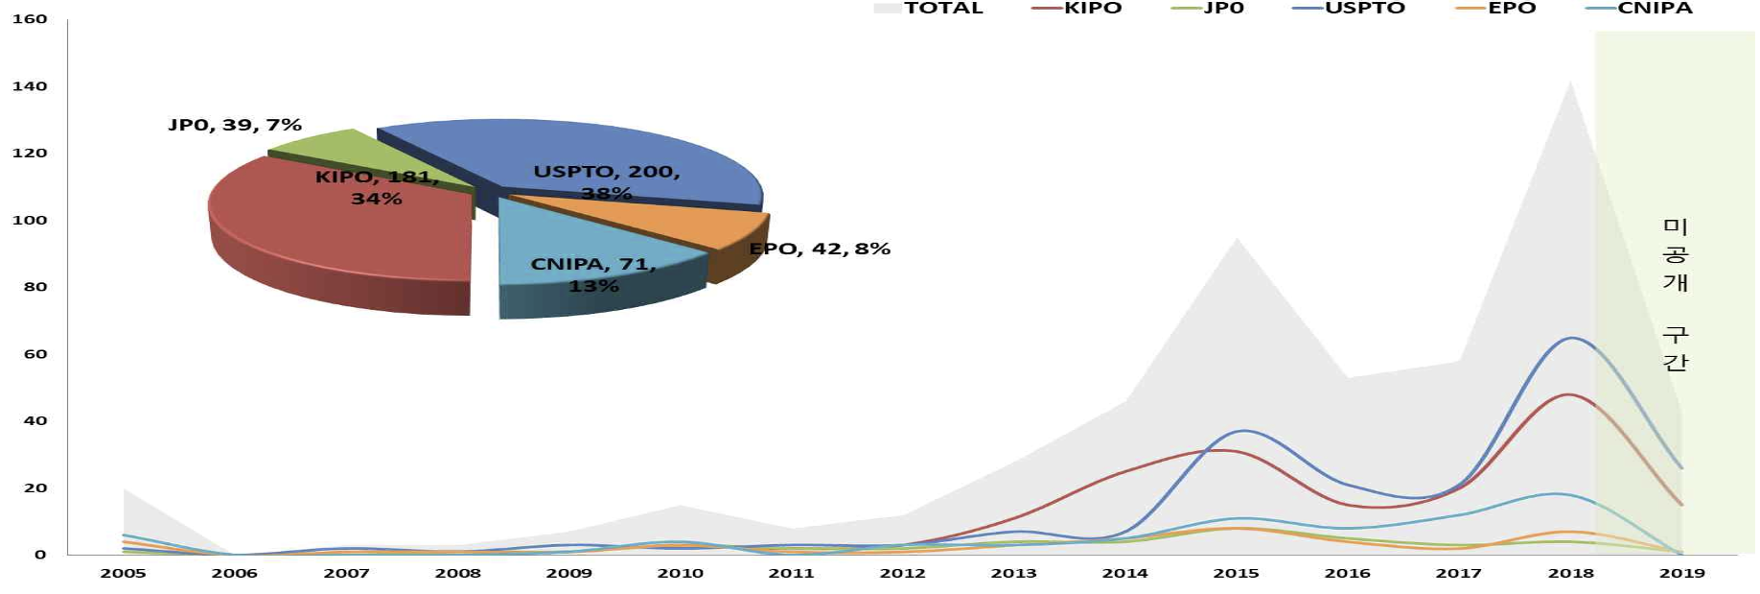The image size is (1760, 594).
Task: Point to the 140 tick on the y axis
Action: (30, 86)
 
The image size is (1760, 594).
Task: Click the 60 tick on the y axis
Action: (34, 354)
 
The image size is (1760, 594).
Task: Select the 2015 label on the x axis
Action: (1236, 573)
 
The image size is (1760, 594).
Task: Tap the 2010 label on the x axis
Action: (680, 573)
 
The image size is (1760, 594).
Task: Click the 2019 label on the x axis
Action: (1681, 573)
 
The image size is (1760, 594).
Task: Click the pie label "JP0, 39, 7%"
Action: (235, 125)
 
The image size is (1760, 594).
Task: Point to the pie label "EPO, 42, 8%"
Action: (820, 249)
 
